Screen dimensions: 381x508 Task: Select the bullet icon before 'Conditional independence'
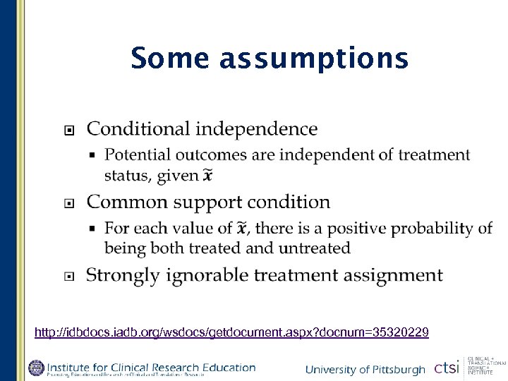(68, 130)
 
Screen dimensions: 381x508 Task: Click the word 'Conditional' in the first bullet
(138, 129)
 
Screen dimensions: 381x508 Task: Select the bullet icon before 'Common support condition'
(68, 203)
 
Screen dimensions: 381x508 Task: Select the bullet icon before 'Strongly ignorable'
(68, 276)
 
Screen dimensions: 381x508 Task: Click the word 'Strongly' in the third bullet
(123, 275)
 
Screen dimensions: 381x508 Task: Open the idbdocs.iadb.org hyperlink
(231, 332)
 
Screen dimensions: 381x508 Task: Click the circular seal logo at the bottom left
(36, 368)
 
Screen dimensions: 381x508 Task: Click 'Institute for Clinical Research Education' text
(151, 366)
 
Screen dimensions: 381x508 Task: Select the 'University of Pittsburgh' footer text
(365, 370)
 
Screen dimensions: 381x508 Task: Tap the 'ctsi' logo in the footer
(447, 368)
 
